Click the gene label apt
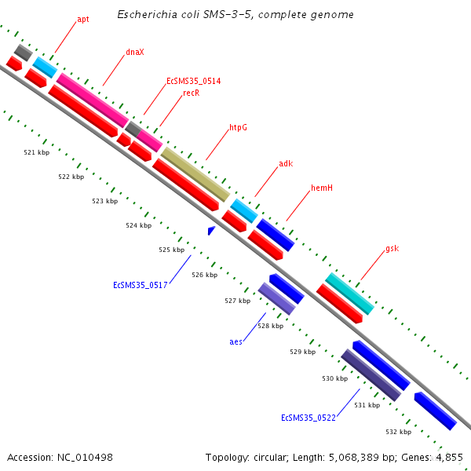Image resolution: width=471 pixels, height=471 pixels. coord(83,19)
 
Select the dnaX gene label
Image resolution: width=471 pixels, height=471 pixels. coord(135,53)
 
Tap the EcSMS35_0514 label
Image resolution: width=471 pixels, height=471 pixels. coord(193,81)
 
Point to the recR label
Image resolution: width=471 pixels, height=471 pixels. coord(191,93)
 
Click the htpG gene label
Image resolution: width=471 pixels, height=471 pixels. coord(238,127)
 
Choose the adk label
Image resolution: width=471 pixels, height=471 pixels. coord(286,164)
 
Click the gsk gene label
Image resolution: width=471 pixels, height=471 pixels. coord(392,249)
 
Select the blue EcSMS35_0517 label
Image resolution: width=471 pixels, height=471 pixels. coord(140,285)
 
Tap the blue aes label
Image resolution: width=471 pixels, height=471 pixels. coord(235,341)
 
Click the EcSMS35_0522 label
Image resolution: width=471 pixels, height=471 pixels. coord(309,418)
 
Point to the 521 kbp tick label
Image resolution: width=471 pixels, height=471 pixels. coord(36,152)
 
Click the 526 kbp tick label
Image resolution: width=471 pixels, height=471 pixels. coord(204,275)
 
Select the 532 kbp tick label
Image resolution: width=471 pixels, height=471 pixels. coord(398,432)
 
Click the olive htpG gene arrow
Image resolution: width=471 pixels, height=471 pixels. coord(195,173)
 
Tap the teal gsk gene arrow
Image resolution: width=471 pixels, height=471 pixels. coord(349,293)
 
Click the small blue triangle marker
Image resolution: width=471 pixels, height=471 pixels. coord(211,230)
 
